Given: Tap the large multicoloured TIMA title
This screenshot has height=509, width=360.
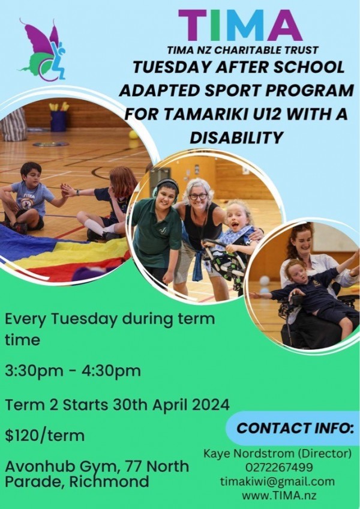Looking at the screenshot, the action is coord(240,26).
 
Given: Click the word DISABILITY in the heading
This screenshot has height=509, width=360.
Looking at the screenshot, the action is coord(236,137).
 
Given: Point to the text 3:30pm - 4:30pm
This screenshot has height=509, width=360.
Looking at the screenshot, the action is coord(73,371).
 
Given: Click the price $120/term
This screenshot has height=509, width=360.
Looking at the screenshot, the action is coord(44,435).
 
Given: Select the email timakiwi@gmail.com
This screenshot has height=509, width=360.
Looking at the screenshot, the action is coord(277,481).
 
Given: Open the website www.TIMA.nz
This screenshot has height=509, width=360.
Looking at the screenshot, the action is coord(279,496).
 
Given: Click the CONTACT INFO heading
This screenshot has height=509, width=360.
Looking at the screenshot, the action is coord(295,428).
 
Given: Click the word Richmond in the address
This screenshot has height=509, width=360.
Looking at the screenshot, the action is coord(109,482).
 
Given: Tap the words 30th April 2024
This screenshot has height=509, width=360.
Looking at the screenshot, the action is coord(171,405).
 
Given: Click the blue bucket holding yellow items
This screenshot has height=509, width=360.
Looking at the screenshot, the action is coord(58,121).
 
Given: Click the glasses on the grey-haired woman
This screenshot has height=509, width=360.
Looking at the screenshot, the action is coord(198,196).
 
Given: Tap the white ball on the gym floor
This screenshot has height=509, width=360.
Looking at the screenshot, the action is coord(265,280).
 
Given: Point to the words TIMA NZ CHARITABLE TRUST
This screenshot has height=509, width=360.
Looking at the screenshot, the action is coord(243,50).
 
